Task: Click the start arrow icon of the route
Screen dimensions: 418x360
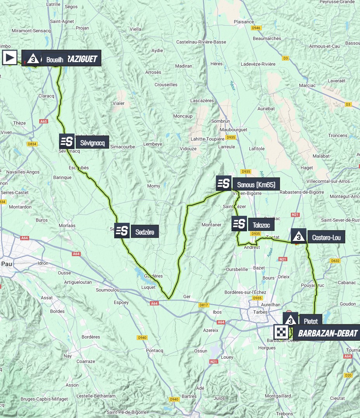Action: [x=10, y=58]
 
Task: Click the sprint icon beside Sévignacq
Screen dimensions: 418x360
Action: [x=67, y=142]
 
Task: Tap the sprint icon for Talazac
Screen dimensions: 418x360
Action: [x=239, y=224]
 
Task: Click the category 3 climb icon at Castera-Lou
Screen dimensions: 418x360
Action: [x=298, y=236]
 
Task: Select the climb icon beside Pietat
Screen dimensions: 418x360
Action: [x=290, y=320]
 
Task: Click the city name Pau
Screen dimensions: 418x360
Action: [x=7, y=264]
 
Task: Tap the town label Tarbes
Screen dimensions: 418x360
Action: [x=260, y=312]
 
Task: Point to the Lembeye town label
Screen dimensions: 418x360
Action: [x=153, y=144]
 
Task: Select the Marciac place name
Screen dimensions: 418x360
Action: [x=308, y=85]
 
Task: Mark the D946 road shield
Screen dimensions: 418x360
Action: [x=256, y=28]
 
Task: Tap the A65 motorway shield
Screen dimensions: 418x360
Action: [x=43, y=121]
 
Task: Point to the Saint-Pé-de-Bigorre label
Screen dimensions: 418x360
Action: [x=127, y=412]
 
